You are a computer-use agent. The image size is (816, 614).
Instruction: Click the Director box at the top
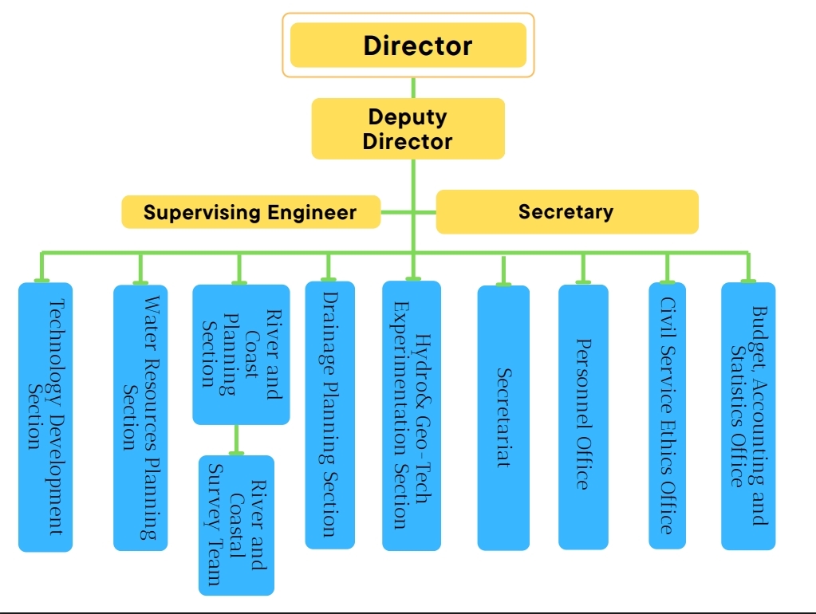[x=408, y=45]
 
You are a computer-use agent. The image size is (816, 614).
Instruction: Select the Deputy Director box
[x=408, y=128]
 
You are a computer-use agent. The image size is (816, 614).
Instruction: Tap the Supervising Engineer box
[x=250, y=212]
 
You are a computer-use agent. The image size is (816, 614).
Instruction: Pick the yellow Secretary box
[x=566, y=211]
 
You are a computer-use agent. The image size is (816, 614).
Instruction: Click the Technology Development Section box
[x=45, y=416]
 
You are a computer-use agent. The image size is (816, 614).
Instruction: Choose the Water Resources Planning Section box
[x=140, y=417]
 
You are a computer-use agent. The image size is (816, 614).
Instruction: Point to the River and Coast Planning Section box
[x=241, y=353]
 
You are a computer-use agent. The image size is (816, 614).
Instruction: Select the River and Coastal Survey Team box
[x=236, y=525]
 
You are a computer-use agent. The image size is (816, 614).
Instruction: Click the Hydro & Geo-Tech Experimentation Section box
[x=412, y=415]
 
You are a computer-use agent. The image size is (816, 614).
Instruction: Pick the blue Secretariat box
[x=503, y=417]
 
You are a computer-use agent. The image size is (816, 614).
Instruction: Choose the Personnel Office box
[x=583, y=416]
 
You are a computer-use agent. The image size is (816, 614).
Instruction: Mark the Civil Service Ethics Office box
[x=667, y=415]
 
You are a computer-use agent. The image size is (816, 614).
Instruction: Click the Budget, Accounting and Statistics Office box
[x=748, y=415]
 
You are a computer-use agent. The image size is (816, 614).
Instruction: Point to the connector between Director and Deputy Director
[x=413, y=88]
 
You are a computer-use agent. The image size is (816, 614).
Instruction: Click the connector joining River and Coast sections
[x=236, y=439]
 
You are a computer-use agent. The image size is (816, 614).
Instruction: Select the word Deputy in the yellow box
[x=408, y=116]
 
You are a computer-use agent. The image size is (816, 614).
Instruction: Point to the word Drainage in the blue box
[x=330, y=327]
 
